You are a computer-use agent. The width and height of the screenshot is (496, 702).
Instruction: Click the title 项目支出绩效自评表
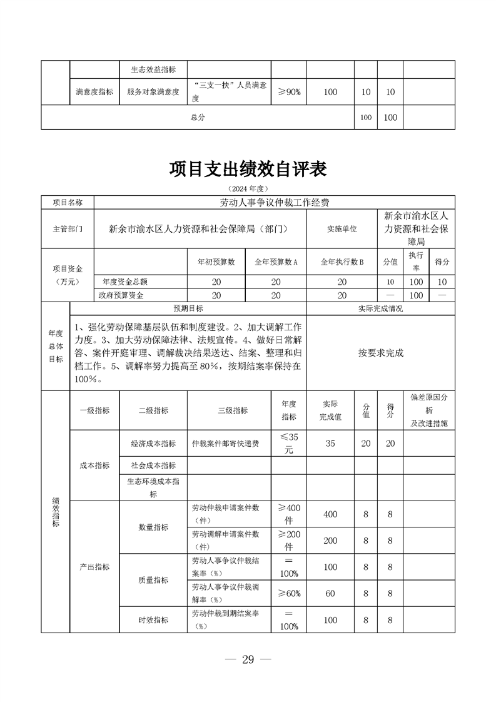[248, 169]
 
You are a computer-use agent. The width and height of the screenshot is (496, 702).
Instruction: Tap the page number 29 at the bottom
[248, 660]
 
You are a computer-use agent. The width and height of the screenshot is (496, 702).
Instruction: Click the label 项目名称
[67, 203]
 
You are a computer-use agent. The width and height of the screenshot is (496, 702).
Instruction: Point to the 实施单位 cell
[342, 229]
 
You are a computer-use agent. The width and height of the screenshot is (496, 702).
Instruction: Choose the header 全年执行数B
[342, 262]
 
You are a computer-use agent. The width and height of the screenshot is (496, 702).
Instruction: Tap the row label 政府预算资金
[121, 295]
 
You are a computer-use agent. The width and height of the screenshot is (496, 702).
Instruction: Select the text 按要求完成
[381, 353]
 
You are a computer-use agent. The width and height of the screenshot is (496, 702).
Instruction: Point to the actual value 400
[330, 514]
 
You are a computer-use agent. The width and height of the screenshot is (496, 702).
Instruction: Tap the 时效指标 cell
[153, 620]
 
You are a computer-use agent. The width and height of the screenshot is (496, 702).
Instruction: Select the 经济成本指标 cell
[153, 444]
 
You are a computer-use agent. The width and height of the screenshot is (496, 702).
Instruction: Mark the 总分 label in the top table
[198, 117]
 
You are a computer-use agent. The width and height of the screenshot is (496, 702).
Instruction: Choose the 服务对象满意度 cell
[153, 92]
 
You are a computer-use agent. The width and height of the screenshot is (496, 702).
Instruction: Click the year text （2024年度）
[248, 188]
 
